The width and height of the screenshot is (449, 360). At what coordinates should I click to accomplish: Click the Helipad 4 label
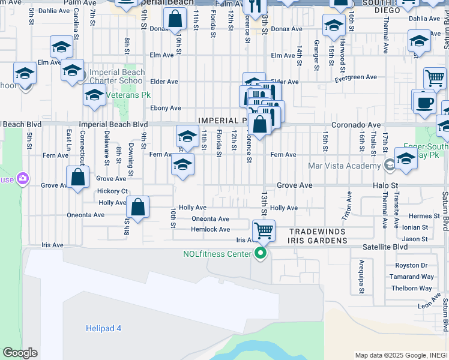pos(100,328)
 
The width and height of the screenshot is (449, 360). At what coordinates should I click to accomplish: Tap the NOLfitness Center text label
pos(217,254)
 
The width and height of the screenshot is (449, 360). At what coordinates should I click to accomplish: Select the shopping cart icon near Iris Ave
pos(263,230)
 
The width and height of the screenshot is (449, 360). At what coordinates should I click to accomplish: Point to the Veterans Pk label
pos(128,95)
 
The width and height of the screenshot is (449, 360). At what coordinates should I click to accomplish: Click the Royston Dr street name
pos(411,265)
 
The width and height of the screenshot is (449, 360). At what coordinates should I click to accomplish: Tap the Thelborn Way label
pos(412,288)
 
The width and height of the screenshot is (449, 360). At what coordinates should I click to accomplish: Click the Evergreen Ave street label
pos(355,77)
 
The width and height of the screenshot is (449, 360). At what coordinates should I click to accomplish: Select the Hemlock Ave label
pos(210,230)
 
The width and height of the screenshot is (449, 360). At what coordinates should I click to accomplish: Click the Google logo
pos(20,353)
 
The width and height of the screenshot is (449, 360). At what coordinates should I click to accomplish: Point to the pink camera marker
pos(23,178)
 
